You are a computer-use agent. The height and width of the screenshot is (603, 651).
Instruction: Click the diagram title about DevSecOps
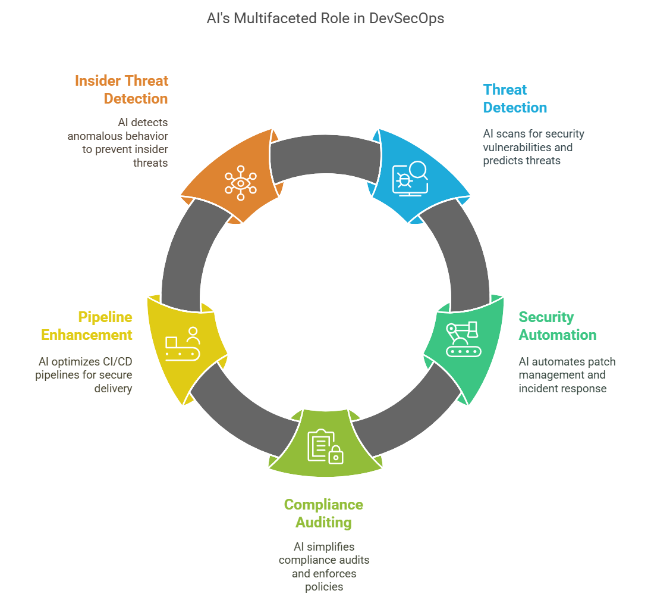pos(325,18)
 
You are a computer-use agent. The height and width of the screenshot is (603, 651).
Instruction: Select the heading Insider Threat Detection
pos(122,89)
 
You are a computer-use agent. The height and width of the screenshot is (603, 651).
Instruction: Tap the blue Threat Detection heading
pos(515,98)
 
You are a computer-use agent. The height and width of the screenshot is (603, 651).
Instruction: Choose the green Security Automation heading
pos(557,326)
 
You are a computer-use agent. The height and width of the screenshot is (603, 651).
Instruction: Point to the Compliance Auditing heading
pos(323,513)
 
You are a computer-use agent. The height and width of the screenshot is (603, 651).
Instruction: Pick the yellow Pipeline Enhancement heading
pos(87,326)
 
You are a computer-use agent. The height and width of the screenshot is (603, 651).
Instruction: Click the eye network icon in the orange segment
pos(241,183)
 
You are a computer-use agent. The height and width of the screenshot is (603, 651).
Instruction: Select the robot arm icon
pos(464,339)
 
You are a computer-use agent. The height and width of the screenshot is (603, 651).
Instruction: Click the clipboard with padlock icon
pos(325,446)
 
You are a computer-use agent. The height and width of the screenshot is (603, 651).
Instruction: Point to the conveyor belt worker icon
pos(183,344)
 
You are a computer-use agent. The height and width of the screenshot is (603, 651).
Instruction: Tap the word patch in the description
pos(599,361)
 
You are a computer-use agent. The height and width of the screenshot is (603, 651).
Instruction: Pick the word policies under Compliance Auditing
pos(323,587)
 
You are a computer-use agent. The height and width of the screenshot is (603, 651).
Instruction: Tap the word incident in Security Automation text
pos(539,389)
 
